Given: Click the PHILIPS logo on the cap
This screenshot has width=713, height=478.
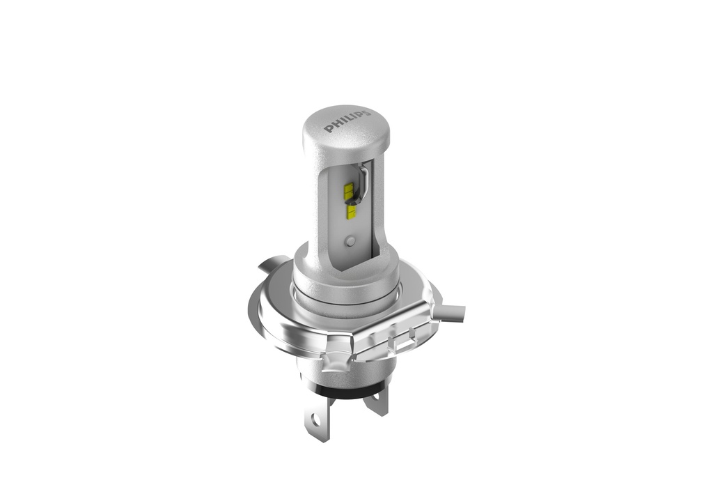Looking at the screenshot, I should [x=347, y=120].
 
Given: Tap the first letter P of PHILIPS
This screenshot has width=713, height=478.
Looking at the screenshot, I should [x=328, y=129].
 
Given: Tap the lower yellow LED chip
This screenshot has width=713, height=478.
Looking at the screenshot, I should [x=352, y=212].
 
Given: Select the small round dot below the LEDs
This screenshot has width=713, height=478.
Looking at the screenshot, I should [x=350, y=241].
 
